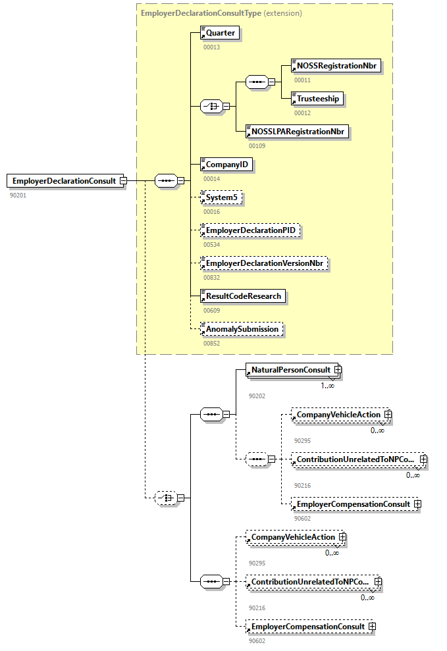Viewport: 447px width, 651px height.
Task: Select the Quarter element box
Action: pos(220,33)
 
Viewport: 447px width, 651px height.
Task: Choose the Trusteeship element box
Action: pos(317,99)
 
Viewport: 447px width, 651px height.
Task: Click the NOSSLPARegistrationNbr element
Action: pos(297,132)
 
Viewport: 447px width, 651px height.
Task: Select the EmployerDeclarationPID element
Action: pos(251,230)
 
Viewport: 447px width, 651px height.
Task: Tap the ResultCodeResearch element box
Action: pos(243,296)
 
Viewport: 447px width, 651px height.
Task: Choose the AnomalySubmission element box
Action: pos(242,329)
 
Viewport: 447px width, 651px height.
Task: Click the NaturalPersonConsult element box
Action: pos(290,371)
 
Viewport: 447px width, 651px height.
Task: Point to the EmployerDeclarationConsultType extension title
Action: pos(221,13)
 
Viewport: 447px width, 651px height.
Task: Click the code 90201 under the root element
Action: pos(18,195)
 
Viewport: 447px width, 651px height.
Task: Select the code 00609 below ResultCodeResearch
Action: pos(211,310)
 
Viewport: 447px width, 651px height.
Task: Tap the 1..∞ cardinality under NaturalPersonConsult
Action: pos(327,386)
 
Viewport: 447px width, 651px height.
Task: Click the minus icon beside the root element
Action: pos(123,181)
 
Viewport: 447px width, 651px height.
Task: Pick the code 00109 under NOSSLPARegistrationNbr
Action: pos(257,145)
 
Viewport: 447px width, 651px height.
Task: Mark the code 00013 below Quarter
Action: pos(211,47)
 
